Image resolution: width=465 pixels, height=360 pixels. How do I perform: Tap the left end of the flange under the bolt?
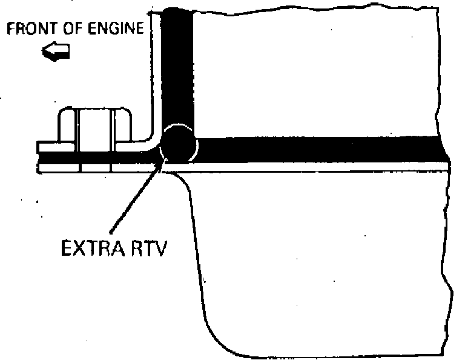[x=41, y=147]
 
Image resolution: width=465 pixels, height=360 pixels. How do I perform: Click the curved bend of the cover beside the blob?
[x=156, y=136]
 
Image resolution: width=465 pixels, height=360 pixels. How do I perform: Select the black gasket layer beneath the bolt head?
[x=91, y=156]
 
